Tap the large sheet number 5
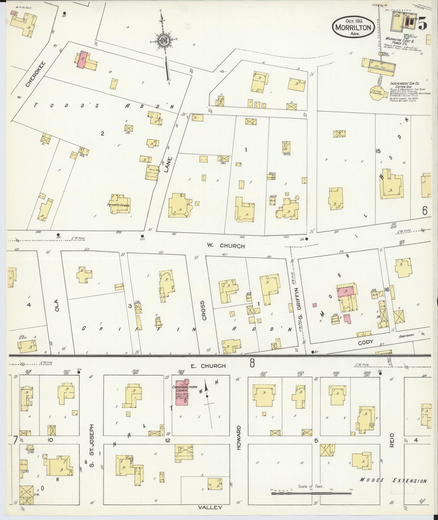coord(422,23)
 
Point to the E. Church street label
coord(208,366)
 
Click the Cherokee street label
coord(35,74)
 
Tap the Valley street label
coord(210,507)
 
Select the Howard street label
coord(239,442)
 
